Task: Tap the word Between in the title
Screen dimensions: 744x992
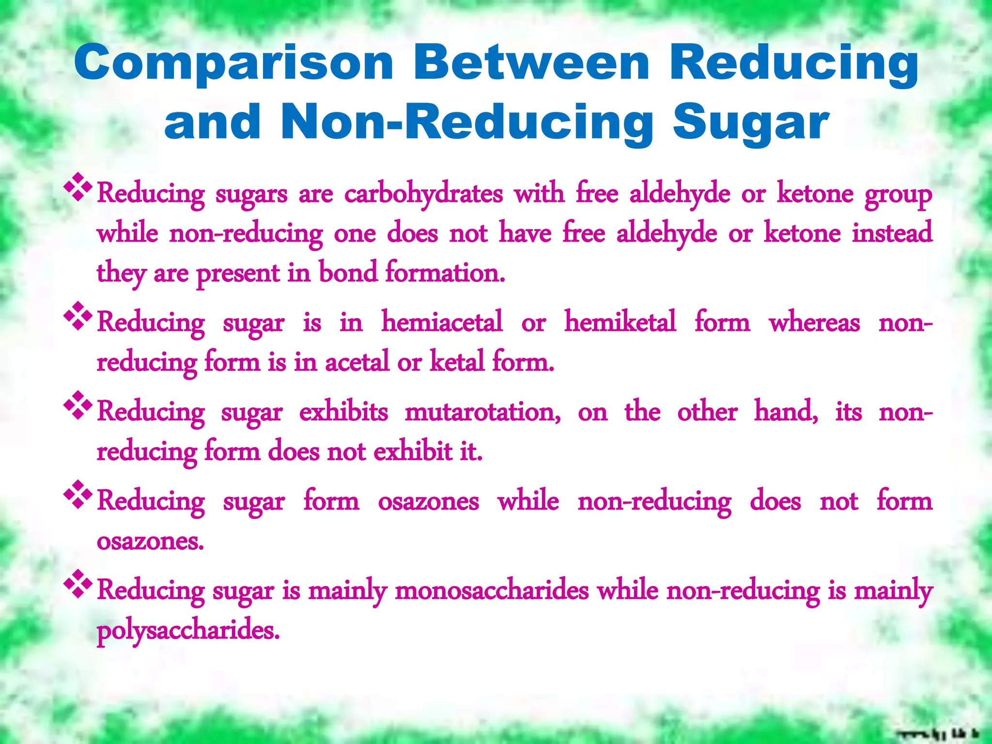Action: tap(531, 63)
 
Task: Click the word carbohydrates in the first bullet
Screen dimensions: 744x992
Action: tap(423, 194)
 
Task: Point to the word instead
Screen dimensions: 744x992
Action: tap(892, 232)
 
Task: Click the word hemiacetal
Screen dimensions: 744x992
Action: tap(442, 322)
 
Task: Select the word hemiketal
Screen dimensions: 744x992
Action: tap(620, 322)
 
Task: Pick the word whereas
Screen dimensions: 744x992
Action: tap(814, 323)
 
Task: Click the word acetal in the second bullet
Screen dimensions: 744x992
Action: tap(356, 362)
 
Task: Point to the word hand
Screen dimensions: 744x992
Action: tap(786, 412)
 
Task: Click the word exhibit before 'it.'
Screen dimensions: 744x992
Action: tap(413, 451)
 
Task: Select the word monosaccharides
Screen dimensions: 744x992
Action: tap(492, 590)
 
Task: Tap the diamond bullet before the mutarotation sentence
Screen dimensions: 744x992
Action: tap(77, 405)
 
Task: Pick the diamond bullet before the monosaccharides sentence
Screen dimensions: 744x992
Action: tap(77, 584)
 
